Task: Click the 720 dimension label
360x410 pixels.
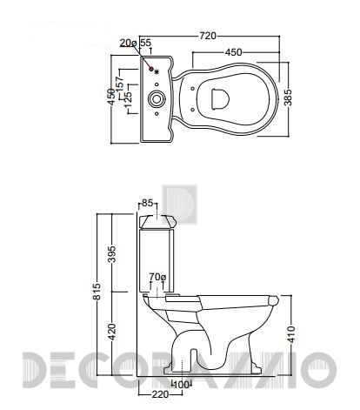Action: click(208, 36)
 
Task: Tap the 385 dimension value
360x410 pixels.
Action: click(288, 97)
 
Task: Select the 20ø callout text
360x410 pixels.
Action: click(128, 43)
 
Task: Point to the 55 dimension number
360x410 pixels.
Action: click(145, 43)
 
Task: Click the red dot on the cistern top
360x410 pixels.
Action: click(151, 69)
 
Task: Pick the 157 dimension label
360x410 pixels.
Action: click(120, 83)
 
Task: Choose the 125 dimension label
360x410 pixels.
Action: click(128, 98)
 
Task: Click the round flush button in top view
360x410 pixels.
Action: click(157, 99)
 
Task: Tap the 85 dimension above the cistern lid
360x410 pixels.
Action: click(147, 203)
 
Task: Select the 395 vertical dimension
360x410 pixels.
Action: click(111, 254)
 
